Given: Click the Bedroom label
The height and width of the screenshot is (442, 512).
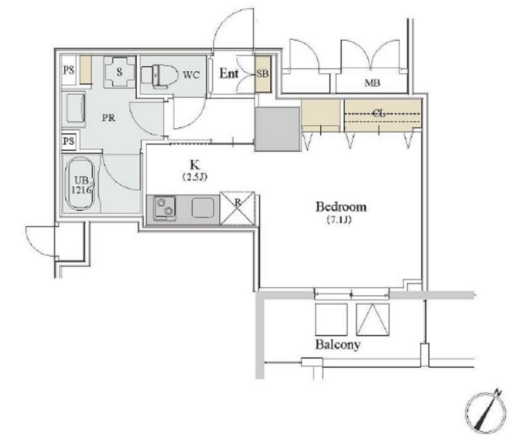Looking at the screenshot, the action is pos(341,207).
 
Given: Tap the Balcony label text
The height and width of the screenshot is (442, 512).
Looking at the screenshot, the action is pos(338,345).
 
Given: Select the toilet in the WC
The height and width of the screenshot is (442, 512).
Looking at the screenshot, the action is pos(159,76).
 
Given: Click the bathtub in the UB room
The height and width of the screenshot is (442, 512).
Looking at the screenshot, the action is pos(81,184).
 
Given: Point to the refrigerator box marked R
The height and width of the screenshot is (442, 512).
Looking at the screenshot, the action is pos(238,208).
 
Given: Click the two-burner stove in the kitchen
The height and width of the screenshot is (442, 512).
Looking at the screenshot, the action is pos(165,208).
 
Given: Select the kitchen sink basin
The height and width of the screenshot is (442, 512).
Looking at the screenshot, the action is pos(203,208).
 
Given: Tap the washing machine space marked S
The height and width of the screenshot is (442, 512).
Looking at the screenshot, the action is pos(119,72).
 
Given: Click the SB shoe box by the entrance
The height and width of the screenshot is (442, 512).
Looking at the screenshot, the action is pos(263,74).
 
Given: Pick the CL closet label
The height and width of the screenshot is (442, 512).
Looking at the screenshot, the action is pos(379,113).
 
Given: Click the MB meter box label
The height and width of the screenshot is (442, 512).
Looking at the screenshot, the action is pos(372,83).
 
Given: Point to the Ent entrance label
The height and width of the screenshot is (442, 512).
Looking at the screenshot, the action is pos(228,73).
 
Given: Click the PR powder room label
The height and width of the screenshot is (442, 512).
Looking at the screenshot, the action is pos(109,118).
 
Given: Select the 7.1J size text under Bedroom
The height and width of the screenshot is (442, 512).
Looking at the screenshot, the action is pos(339,220).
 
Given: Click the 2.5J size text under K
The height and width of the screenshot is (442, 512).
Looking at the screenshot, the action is pos(195,177).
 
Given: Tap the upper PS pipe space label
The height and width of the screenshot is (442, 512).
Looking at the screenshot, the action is pos(68,70).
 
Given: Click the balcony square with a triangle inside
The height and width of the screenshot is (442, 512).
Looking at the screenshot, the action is pos(373,319).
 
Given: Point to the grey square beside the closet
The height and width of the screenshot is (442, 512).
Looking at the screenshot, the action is pos(277,129).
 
